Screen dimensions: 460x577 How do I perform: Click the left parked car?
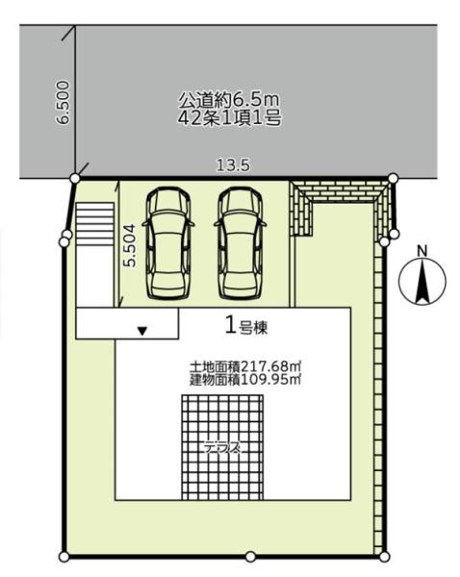pyautogui.click(x=168, y=243)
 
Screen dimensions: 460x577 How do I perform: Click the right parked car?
pyautogui.click(x=242, y=243)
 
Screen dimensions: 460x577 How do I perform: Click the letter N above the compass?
pyautogui.click(x=422, y=251)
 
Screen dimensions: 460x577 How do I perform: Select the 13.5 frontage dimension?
pyautogui.click(x=233, y=165)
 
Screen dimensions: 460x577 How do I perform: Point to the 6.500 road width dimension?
pyautogui.click(x=63, y=103)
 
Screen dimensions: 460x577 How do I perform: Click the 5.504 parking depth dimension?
pyautogui.click(x=130, y=245)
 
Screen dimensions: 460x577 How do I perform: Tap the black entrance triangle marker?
pyautogui.click(x=142, y=331)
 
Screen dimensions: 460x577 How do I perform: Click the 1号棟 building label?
pyautogui.click(x=246, y=326)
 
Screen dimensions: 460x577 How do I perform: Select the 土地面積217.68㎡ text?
pyautogui.click(x=245, y=367)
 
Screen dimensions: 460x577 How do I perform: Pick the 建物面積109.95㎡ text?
pyautogui.click(x=245, y=380)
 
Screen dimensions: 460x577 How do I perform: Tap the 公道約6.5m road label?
pyautogui.click(x=229, y=99)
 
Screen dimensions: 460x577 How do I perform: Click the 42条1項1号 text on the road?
pyautogui.click(x=230, y=118)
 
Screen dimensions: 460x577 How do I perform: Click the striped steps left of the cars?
pyautogui.click(x=94, y=224)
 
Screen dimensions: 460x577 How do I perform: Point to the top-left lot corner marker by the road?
pyautogui.click(x=75, y=179)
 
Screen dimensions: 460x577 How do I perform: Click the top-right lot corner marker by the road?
pyautogui.click(x=394, y=178)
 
